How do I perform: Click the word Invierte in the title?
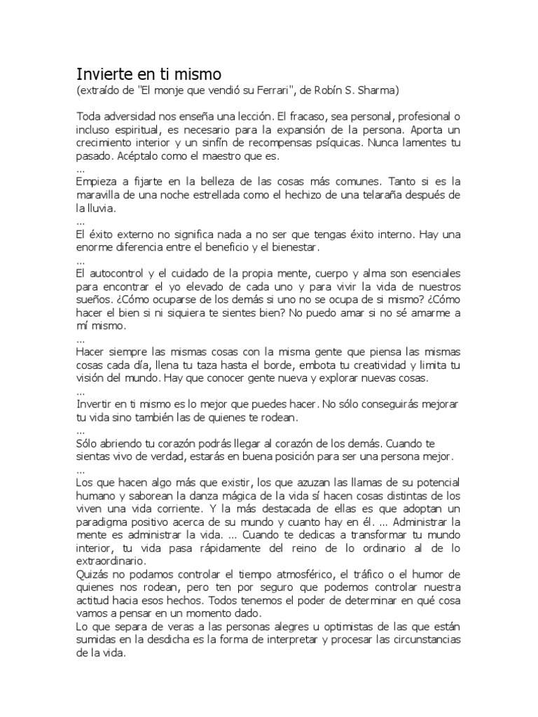[x=103, y=75]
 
